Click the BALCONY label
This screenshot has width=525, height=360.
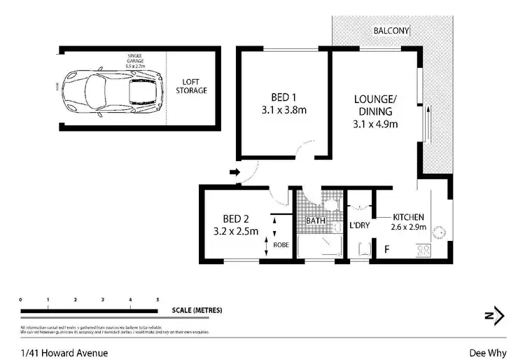[391, 30]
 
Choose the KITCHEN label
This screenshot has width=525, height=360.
[409, 217]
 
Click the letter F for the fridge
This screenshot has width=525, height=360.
[386, 249]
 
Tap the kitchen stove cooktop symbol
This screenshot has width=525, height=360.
[424, 249]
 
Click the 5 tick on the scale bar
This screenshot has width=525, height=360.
[157, 300]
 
